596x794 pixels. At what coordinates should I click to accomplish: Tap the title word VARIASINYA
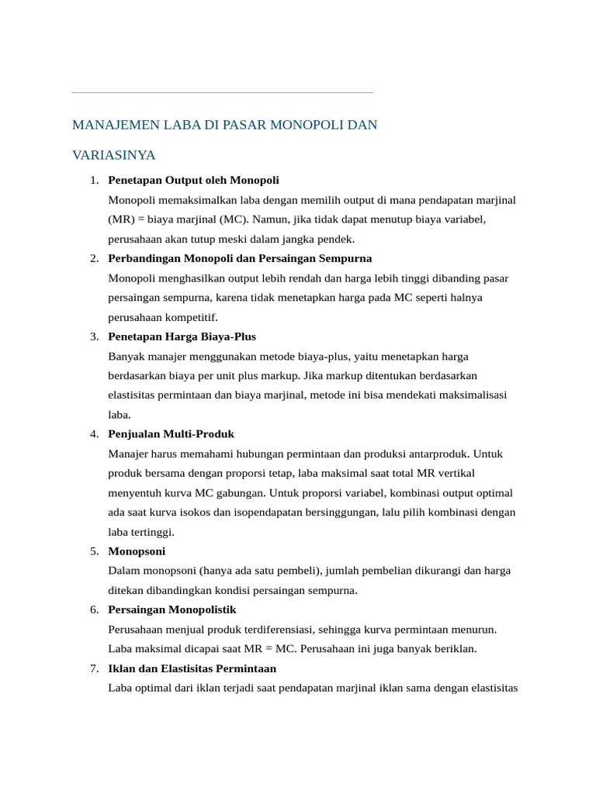[113, 155]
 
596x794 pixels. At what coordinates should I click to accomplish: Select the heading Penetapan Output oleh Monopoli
[193, 180]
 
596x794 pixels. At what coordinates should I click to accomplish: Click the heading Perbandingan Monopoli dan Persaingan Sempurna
[240, 258]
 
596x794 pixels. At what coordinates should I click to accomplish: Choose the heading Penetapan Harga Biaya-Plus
[182, 337]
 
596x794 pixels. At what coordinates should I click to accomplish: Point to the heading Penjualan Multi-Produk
[171, 434]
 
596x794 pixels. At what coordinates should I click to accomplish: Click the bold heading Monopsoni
[137, 551]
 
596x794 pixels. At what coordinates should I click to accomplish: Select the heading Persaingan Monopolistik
[172, 609]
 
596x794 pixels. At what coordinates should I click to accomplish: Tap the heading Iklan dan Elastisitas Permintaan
[192, 668]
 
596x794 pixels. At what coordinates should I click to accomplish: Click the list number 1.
[93, 180]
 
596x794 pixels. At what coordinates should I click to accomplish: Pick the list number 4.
[93, 434]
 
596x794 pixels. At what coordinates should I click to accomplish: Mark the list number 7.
[93, 668]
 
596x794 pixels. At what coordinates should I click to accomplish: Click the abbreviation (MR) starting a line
[121, 219]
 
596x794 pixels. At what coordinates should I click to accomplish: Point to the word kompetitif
[192, 317]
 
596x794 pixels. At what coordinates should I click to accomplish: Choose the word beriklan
[454, 649]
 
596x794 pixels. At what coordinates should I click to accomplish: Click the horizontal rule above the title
[222, 93]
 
